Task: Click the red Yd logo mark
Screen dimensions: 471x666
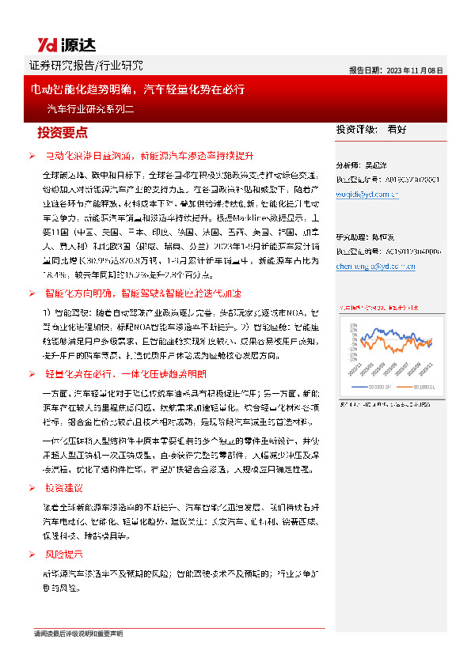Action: pos(46,44)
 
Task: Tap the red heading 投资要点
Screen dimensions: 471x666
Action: pos(63,131)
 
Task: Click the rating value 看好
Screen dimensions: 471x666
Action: pos(397,129)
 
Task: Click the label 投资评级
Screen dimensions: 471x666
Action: pos(355,129)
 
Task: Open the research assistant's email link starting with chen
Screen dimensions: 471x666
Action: pos(376,267)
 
